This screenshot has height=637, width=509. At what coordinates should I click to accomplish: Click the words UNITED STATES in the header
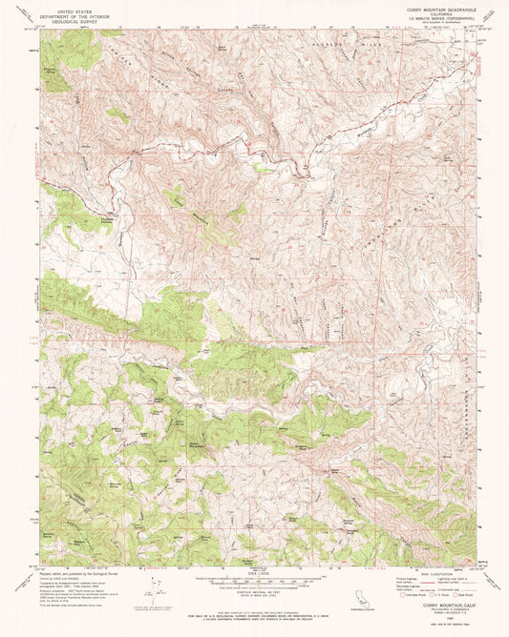click(x=80, y=7)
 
